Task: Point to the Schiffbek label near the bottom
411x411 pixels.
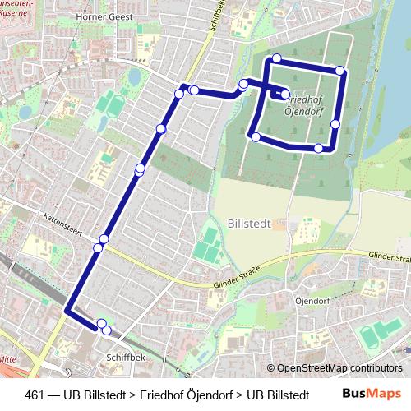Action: click(126, 358)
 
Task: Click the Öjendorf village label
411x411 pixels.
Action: click(313, 301)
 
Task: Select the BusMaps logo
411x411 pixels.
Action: click(372, 393)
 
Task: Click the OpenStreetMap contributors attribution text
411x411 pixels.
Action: click(339, 368)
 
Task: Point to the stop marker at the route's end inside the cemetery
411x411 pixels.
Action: click(285, 95)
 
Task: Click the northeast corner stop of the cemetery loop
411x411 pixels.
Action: click(339, 71)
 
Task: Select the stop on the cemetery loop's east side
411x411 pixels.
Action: click(335, 124)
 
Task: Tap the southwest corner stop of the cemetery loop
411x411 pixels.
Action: click(256, 136)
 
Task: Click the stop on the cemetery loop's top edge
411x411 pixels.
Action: click(277, 58)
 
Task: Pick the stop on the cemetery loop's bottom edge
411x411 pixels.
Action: click(318, 148)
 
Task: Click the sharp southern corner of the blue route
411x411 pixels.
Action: click(67, 312)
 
